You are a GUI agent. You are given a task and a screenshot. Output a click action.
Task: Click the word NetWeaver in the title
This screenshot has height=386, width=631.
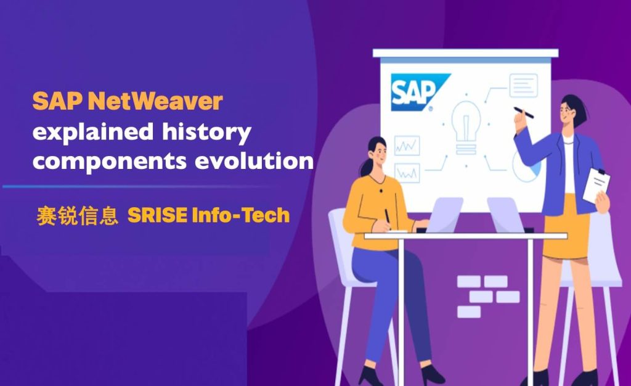point(155,101)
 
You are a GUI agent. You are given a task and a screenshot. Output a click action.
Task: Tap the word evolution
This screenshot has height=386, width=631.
point(254,160)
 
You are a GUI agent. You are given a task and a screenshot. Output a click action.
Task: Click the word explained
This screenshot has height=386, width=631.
point(93,131)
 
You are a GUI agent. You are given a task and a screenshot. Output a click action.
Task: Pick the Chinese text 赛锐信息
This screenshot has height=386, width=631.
point(78,216)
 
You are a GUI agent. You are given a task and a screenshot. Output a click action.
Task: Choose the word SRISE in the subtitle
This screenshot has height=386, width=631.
point(157,215)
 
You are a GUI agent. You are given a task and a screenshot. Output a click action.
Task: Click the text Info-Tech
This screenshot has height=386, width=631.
point(241,215)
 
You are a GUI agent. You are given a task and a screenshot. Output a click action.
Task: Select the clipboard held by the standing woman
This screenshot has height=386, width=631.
point(596,186)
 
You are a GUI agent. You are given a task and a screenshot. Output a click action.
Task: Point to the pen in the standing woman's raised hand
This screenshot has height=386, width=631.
point(524,113)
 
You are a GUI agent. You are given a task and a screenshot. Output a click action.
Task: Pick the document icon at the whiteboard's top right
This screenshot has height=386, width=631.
point(524,85)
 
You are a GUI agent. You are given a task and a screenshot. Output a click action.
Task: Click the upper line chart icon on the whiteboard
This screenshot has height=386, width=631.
point(407,146)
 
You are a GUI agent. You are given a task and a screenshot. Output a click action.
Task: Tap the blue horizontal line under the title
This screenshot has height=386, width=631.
point(137,187)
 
